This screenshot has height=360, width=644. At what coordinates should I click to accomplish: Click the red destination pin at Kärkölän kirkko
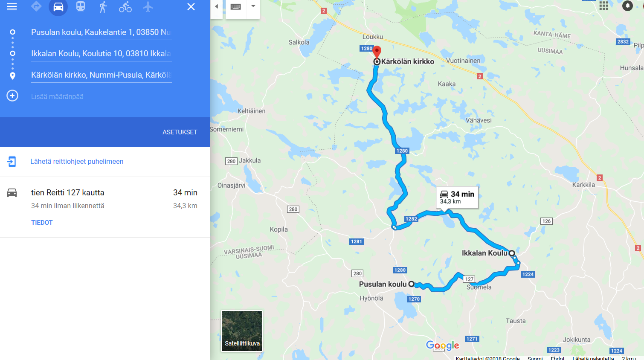pyautogui.click(x=377, y=51)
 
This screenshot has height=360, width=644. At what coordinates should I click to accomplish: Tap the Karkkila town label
pyautogui.click(x=583, y=185)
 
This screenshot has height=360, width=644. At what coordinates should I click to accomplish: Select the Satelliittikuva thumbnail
pyautogui.click(x=242, y=331)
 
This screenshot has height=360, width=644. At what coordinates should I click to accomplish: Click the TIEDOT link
pyautogui.click(x=42, y=223)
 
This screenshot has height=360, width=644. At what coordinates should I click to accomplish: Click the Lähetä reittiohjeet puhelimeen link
pyautogui.click(x=77, y=161)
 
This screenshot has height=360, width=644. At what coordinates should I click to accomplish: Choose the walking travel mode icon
pyautogui.click(x=103, y=7)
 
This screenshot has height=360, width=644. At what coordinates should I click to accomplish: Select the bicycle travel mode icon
pyautogui.click(x=125, y=7)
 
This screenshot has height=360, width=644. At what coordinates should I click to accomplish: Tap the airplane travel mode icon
pyautogui.click(x=148, y=7)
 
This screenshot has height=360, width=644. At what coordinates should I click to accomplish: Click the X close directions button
pyautogui.click(x=191, y=7)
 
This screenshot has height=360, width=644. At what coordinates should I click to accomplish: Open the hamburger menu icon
pyautogui.click(x=12, y=6)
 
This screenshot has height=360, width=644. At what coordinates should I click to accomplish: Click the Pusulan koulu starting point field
pyautogui.click(x=101, y=32)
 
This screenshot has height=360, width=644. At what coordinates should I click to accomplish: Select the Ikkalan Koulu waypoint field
pyautogui.click(x=101, y=54)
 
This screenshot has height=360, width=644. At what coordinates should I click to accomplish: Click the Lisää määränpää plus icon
pyautogui.click(x=12, y=96)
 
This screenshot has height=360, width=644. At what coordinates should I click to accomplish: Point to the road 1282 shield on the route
pyautogui.click(x=411, y=219)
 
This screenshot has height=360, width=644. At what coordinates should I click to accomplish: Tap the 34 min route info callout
pyautogui.click(x=457, y=197)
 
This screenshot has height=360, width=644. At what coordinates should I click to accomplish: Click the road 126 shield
pyautogui.click(x=546, y=221)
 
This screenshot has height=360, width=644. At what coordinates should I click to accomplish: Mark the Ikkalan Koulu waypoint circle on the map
pyautogui.click(x=512, y=253)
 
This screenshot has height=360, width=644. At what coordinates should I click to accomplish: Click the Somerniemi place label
pyautogui.click(x=227, y=129)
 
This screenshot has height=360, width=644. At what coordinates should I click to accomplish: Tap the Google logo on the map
pyautogui.click(x=442, y=345)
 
